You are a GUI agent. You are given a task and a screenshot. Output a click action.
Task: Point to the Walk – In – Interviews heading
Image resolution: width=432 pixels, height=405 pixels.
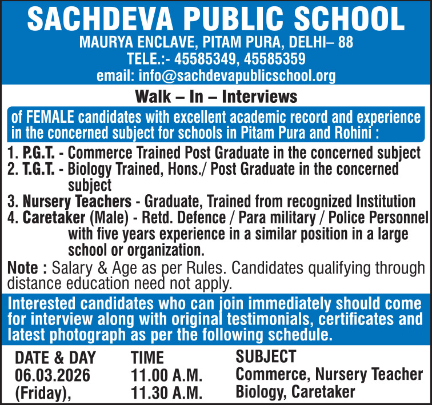pos(215,97)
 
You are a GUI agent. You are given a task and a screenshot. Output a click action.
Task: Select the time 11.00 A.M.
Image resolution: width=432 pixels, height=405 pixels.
pos(167,375)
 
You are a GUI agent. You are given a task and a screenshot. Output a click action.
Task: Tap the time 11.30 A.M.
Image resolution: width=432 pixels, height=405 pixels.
pos(167,392)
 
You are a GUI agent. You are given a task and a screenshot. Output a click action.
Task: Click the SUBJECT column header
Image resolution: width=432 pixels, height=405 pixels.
pos(266,357)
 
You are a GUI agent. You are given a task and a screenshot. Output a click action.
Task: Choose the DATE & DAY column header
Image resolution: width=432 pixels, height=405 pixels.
pos(55,358)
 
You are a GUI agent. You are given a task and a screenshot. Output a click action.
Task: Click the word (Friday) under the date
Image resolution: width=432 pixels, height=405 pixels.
pos(42,392)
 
